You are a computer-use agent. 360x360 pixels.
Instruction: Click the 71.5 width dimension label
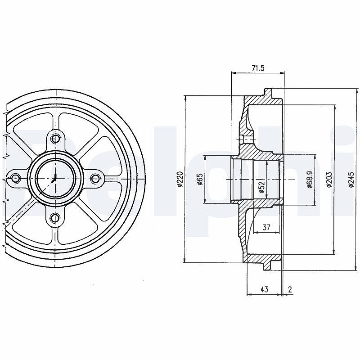[x=258, y=68]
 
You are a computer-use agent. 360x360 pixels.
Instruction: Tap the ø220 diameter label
[x=180, y=179]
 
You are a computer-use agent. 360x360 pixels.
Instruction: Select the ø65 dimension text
[x=199, y=179]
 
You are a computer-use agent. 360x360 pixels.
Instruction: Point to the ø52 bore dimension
[x=261, y=186]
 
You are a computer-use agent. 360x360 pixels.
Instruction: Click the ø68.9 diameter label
[x=310, y=179]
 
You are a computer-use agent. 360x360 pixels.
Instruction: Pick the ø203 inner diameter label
[x=329, y=179]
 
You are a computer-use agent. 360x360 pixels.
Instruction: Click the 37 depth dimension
[x=266, y=227]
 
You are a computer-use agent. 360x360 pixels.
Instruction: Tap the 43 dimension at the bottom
[x=265, y=289]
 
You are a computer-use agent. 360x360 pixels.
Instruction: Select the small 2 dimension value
[x=290, y=289]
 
